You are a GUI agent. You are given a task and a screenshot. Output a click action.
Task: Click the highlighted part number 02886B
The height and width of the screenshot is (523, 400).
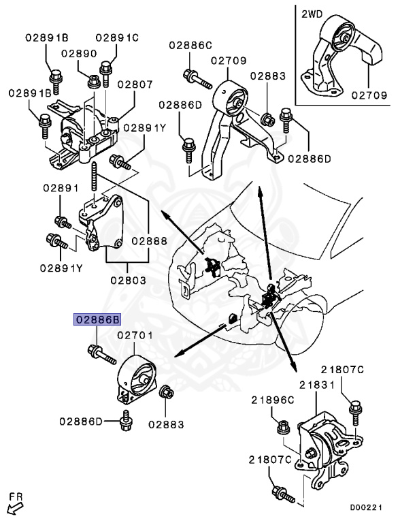(98, 319)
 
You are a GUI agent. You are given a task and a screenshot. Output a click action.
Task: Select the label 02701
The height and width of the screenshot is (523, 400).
(137, 336)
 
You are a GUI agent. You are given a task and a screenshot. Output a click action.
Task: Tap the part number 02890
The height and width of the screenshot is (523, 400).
(79, 53)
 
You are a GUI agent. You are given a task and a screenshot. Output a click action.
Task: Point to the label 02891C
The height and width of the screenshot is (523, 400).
(116, 37)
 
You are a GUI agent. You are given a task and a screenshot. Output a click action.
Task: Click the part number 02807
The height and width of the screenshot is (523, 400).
(135, 86)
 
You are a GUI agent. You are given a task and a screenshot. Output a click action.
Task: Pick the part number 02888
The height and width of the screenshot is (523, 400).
(149, 240)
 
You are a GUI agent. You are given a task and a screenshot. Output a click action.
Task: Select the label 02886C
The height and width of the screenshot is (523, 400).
(190, 46)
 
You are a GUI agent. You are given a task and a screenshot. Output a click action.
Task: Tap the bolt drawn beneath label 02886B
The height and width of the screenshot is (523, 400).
(99, 354)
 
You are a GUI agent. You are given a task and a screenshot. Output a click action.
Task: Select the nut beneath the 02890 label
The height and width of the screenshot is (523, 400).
(93, 82)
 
